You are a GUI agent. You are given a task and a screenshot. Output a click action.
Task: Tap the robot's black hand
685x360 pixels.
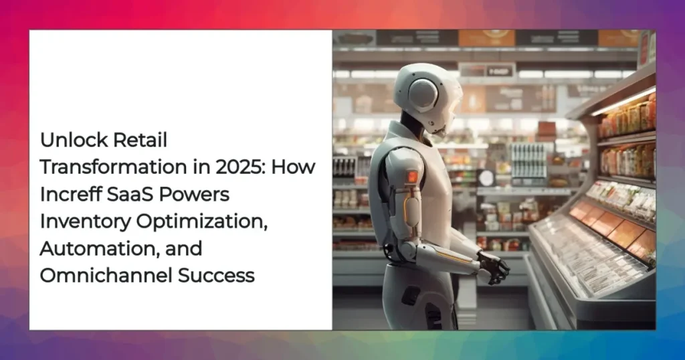pyautogui.click(x=493, y=267)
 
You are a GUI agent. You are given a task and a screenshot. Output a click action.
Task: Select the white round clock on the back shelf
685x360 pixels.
pyautogui.click(x=486, y=178)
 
